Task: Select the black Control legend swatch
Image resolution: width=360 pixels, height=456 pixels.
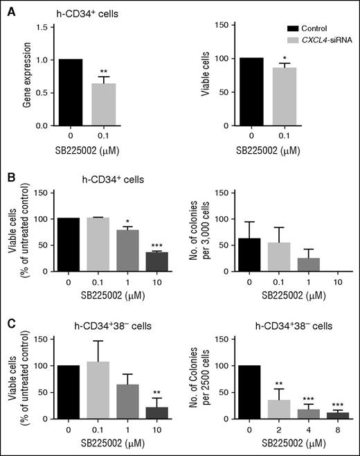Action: coord(281,30)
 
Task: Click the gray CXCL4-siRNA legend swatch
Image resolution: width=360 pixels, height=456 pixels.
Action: coord(281,41)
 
